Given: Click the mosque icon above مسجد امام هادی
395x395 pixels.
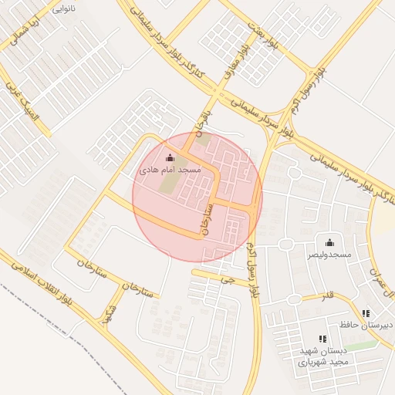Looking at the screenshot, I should (170, 157).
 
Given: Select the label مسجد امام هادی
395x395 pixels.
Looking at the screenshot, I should (170, 168).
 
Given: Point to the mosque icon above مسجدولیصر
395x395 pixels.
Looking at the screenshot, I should (329, 242).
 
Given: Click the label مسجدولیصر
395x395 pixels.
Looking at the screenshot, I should (329, 254).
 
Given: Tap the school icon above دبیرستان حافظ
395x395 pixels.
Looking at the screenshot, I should (366, 313).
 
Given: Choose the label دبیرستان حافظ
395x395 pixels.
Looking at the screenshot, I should (366, 325).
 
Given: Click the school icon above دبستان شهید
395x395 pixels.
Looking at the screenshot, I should (322, 339).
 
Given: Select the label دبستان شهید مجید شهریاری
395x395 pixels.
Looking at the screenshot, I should (324, 355).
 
